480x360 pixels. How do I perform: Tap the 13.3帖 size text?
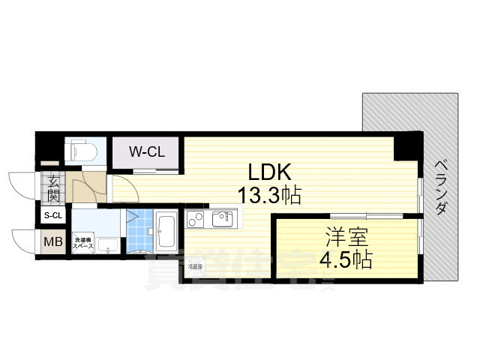[x=269, y=196]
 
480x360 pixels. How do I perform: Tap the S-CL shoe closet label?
[x=52, y=217]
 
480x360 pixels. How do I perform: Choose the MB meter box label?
[x=52, y=242]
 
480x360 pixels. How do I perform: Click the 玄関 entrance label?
[x=53, y=189]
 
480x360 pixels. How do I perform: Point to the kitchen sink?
[x=223, y=219]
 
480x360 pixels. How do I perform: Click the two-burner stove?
[x=195, y=219]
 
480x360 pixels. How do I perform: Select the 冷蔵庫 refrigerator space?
[x=195, y=265]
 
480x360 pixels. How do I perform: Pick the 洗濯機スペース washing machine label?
[x=82, y=242]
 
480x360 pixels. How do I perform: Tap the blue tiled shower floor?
[x=139, y=232]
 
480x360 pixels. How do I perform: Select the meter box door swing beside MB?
[x=24, y=241]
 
